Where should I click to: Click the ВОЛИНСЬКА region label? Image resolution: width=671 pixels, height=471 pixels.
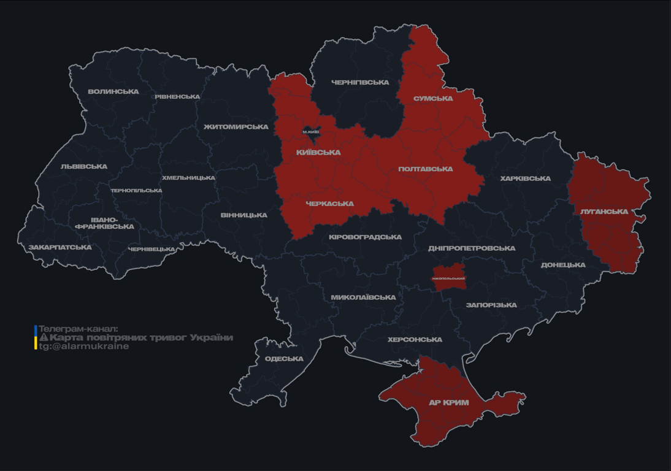(113, 92)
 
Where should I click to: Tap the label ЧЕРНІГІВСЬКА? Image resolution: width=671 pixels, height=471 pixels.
(360, 82)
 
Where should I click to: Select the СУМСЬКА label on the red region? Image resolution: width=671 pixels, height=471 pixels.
(433, 99)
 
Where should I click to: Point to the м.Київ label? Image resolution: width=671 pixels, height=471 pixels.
(311, 132)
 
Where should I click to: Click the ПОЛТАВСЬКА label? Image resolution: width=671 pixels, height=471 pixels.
(425, 169)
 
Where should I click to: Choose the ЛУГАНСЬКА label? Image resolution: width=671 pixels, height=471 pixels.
(604, 212)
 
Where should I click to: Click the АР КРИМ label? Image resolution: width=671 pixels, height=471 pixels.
(448, 403)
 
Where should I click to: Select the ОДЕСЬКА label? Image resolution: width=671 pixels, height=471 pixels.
(284, 359)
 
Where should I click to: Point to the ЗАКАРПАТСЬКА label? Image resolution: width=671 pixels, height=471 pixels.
(59, 248)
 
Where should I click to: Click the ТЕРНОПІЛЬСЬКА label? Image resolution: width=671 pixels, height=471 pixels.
(136, 191)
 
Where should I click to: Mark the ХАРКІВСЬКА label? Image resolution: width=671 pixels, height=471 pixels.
(525, 179)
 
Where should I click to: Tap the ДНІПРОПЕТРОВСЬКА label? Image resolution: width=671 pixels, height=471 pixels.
(471, 248)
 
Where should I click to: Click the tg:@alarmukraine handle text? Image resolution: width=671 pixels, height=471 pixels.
(84, 347)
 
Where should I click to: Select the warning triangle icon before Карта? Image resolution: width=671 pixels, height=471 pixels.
(44, 338)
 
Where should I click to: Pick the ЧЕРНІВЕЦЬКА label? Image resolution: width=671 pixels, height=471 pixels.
(151, 250)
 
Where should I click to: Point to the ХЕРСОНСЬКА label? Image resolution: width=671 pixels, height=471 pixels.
(415, 340)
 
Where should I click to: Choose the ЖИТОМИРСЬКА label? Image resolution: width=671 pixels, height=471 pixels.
(236, 127)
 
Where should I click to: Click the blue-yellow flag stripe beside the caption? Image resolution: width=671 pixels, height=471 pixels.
(36, 337)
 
